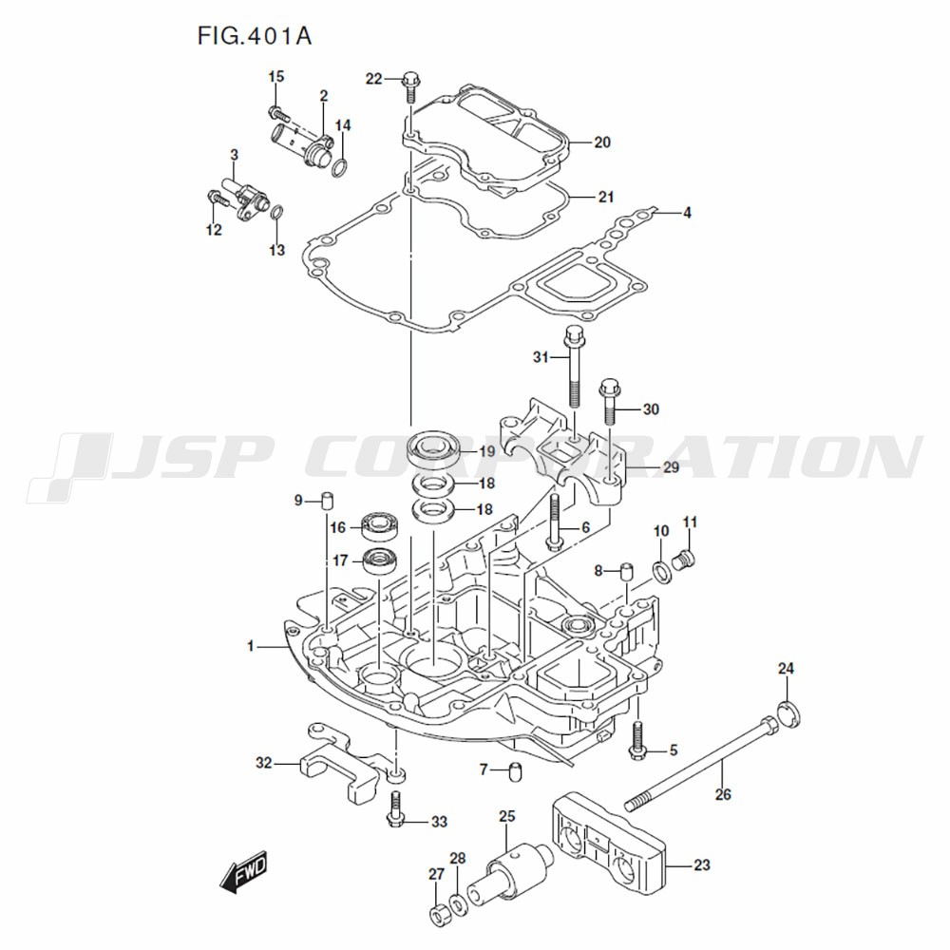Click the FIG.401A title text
pos(255,36)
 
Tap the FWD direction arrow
pos(243,871)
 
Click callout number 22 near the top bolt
pos(373,79)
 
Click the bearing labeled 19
pos(434,447)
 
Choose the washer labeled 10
pos(658,571)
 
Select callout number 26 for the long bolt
pos(723,794)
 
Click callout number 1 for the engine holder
pos(251,646)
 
